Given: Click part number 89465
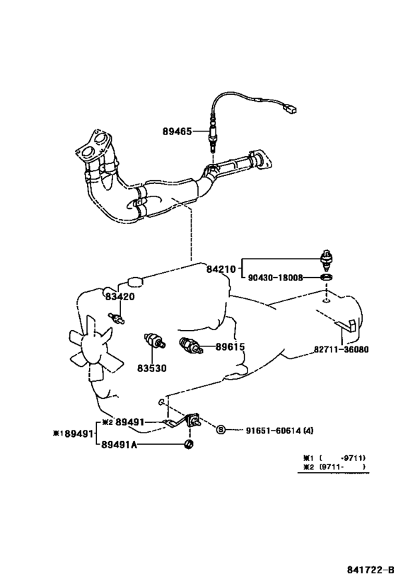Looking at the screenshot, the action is point(177,131).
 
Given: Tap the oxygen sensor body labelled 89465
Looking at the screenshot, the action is point(213,136).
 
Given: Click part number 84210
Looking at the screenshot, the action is point(221,269).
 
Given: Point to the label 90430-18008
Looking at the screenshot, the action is point(275,277).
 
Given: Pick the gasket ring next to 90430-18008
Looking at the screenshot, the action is point(326,277).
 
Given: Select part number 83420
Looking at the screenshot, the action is point(120,296).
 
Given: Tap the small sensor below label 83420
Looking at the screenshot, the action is point(116,318).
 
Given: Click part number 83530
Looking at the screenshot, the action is point(152,368).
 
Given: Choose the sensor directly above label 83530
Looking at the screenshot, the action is point(155,341).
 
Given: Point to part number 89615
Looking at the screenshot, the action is point(230,346).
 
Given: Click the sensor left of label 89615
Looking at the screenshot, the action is point(190,346).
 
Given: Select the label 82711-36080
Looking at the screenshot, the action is point(342,349).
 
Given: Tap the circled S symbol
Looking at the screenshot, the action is point(221,429).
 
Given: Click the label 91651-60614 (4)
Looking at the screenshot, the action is point(279,431).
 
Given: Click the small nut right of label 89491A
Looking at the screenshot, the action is point(189,445).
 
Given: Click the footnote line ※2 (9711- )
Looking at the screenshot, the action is point(334,467).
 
